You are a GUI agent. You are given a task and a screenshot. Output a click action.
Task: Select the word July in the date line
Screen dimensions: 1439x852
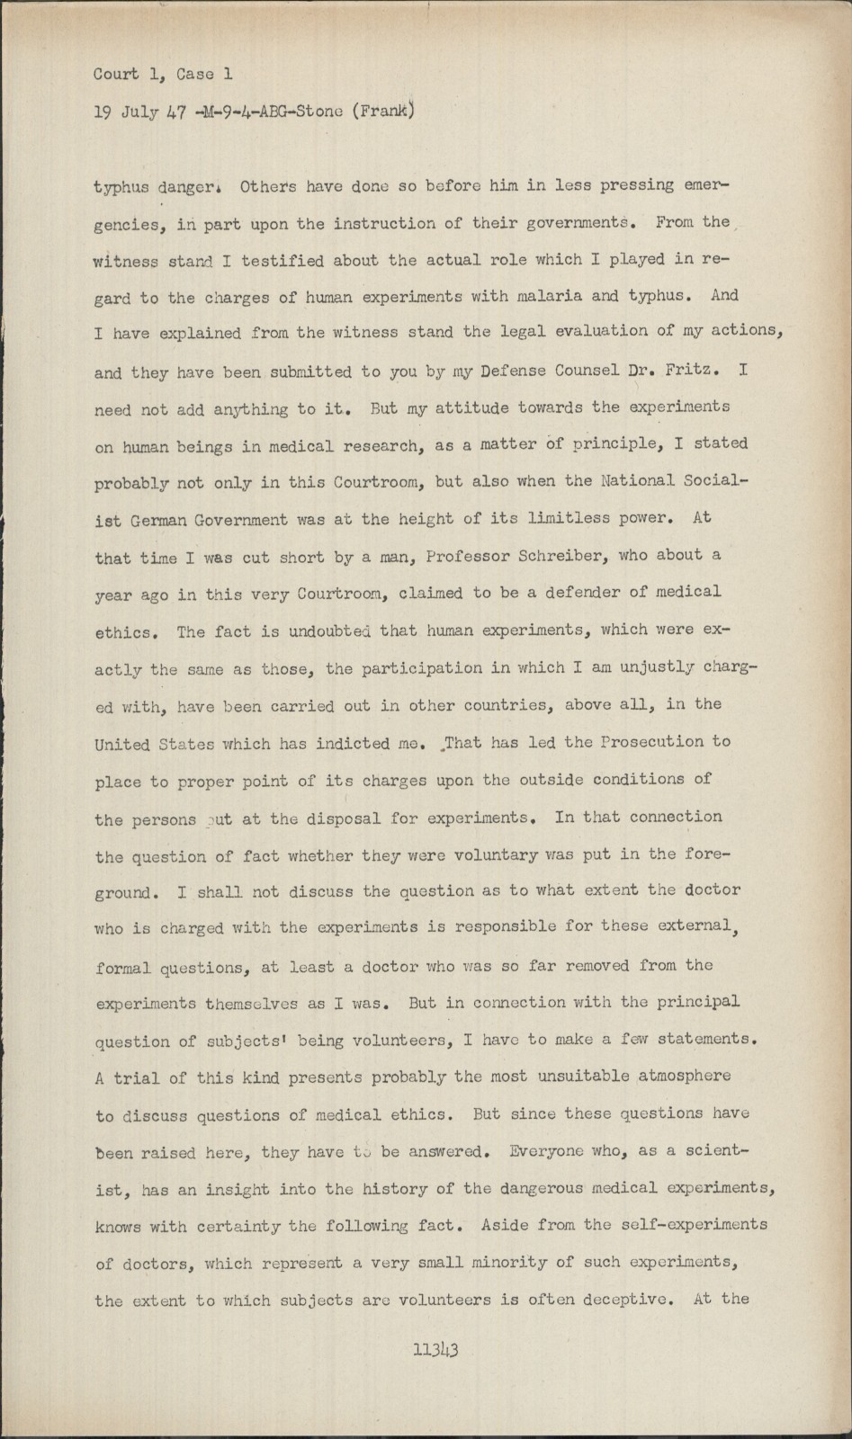tap(135, 112)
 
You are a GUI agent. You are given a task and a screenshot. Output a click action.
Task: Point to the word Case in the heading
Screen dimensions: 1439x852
tap(183, 75)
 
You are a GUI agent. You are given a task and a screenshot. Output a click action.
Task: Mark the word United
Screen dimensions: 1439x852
tap(124, 744)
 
